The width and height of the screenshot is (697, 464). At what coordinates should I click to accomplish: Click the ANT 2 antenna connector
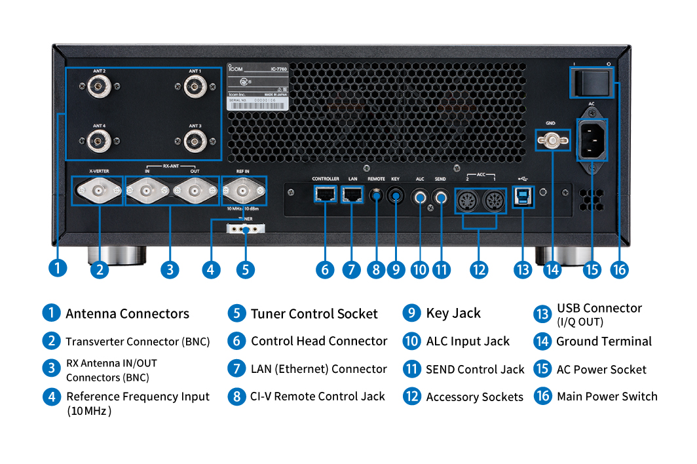coord(99,87)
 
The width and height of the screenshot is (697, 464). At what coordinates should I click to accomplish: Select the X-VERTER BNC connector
coord(99,191)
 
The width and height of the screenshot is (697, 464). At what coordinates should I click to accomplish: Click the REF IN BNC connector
coord(244,191)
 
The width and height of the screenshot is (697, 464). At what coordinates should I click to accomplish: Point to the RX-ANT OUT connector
coord(195,191)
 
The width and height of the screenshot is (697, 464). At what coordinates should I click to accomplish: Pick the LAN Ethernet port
coord(353,193)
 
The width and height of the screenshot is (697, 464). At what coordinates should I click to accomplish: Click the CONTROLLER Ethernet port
coord(325,193)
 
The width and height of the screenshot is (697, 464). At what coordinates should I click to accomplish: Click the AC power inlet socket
coord(592,140)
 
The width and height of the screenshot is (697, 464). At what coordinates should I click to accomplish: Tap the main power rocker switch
coord(594,81)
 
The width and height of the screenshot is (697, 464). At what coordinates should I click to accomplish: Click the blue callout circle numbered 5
coord(245,269)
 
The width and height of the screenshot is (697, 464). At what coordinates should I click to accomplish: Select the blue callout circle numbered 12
coord(479,269)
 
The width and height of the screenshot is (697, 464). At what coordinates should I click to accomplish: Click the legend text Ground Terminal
coord(603,341)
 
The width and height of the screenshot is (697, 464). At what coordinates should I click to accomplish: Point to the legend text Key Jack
coord(453,313)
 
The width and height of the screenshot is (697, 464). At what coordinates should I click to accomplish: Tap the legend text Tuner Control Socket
coord(314,314)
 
